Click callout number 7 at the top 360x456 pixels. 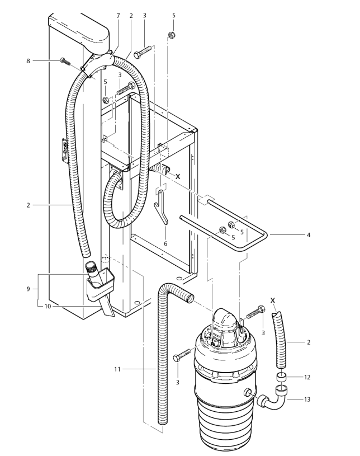point(118,16)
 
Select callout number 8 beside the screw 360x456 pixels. point(28,61)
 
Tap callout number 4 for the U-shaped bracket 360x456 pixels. point(309,234)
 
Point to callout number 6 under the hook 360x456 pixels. point(165,243)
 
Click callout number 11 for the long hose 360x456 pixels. point(117,369)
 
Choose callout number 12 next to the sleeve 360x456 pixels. point(307,377)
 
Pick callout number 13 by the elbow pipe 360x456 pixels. point(307,399)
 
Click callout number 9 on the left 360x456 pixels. point(28,289)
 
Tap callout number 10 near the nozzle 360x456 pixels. point(48,306)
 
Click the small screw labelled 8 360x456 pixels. point(65,62)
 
